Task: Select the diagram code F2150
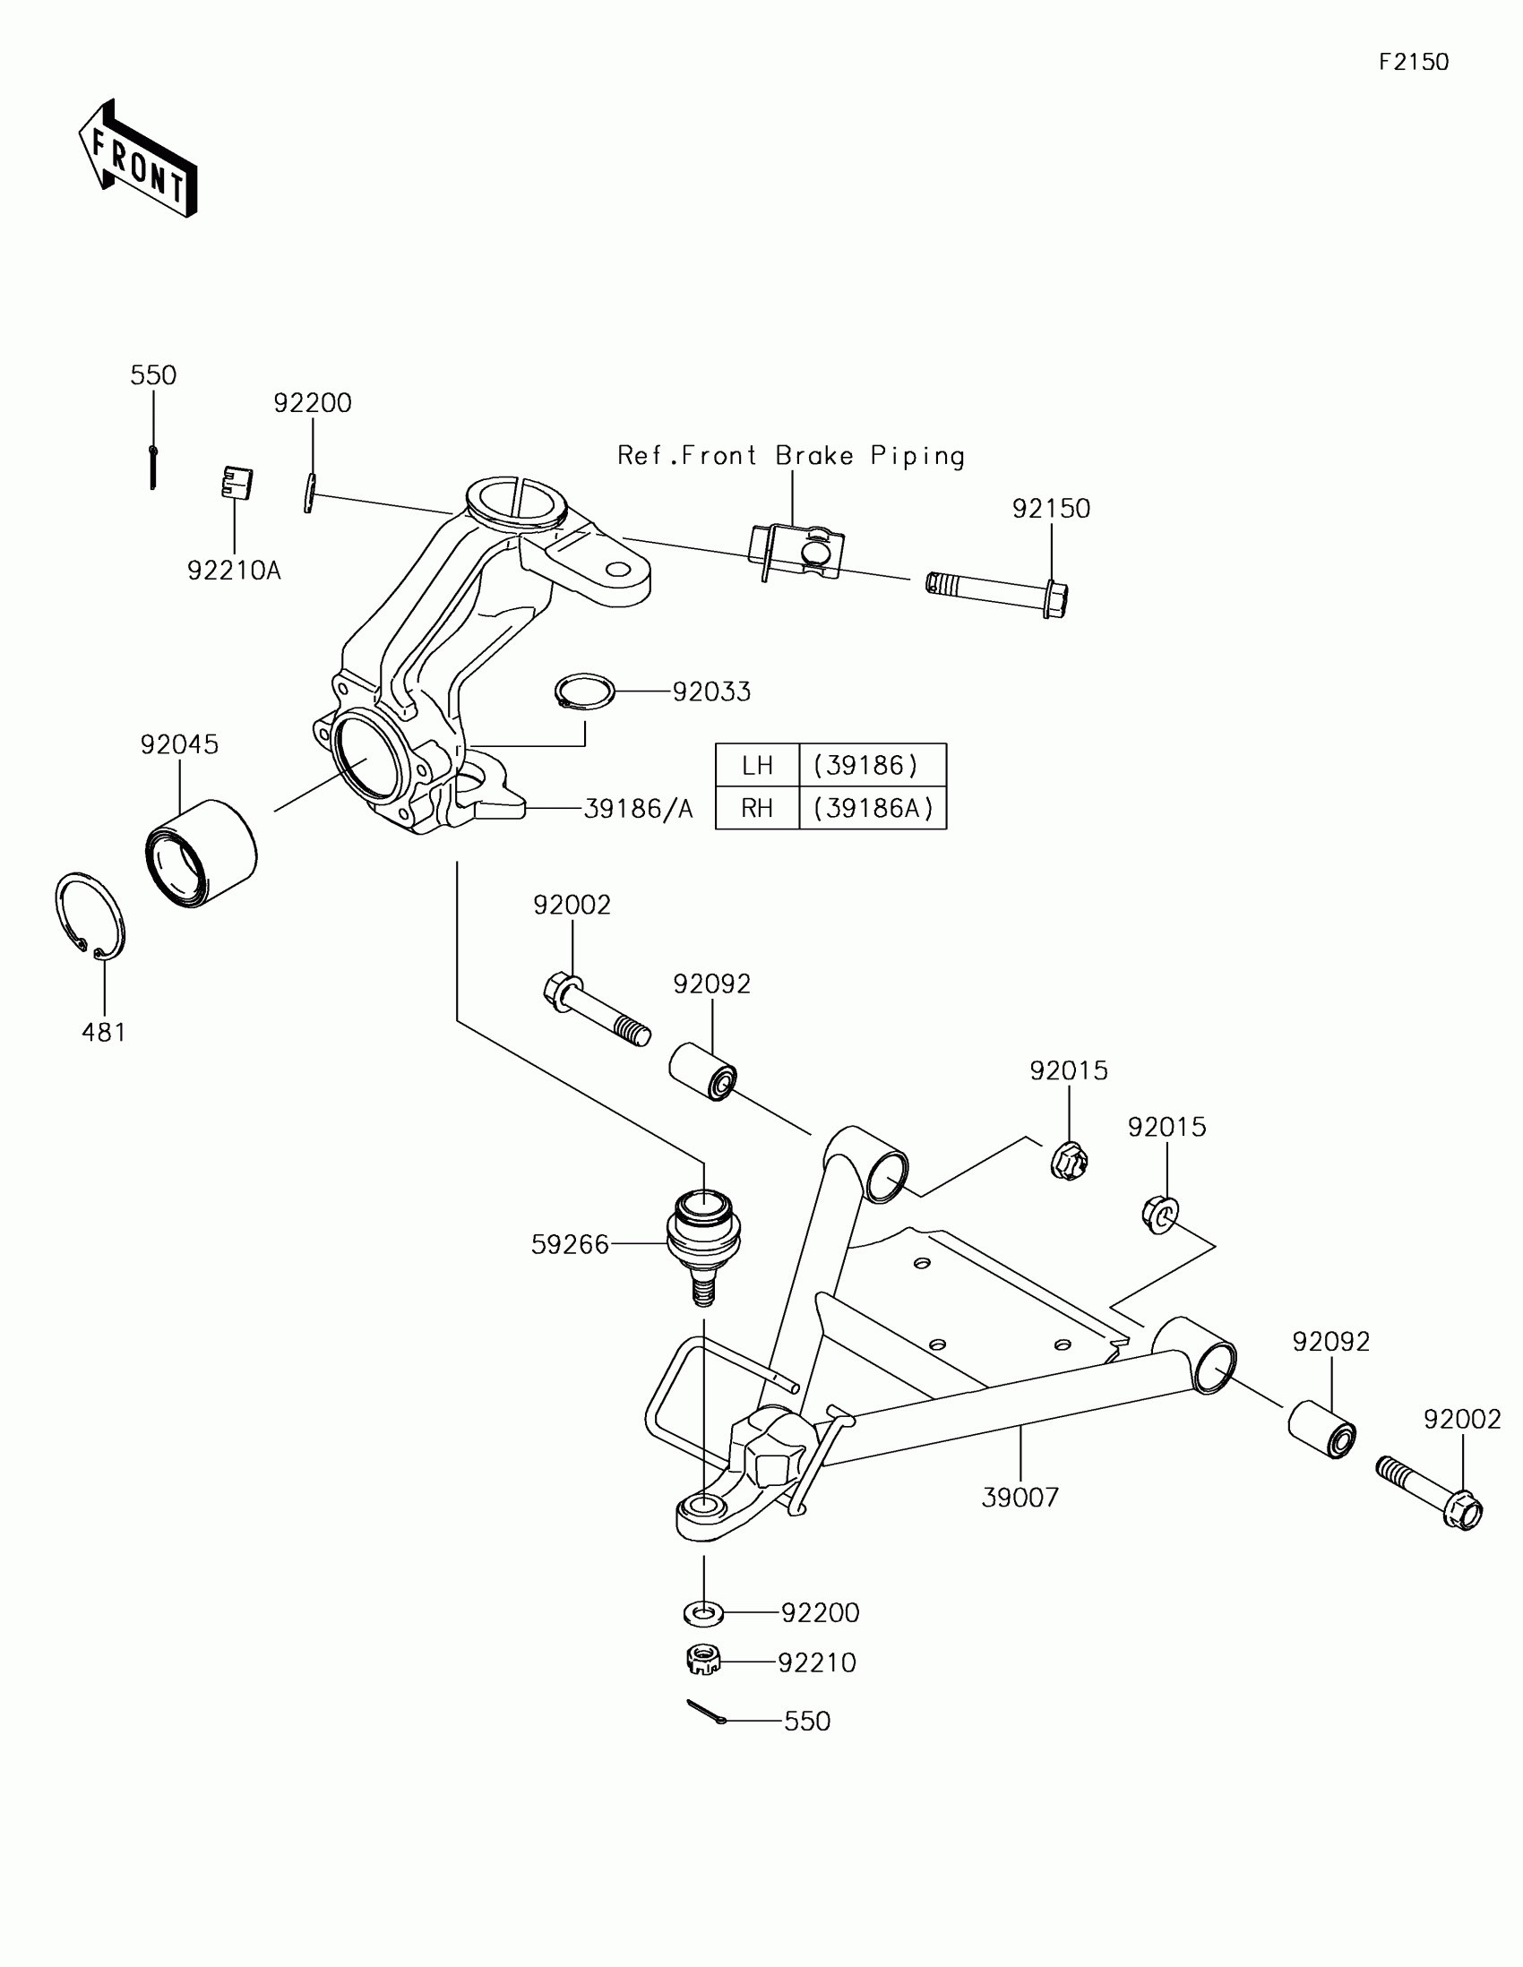pyautogui.click(x=1413, y=62)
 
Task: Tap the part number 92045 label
pyautogui.click(x=179, y=744)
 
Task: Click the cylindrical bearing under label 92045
pyautogui.click(x=201, y=852)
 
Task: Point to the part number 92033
pyautogui.click(x=711, y=691)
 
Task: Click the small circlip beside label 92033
pyautogui.click(x=584, y=691)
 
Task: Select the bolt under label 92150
pyautogui.click(x=997, y=591)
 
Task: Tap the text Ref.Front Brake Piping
pyautogui.click(x=791, y=456)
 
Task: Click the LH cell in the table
pyautogui.click(x=757, y=766)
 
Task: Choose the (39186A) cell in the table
pyautogui.click(x=873, y=808)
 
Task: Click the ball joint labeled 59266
pyautogui.click(x=703, y=1239)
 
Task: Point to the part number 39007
pyautogui.click(x=1020, y=1498)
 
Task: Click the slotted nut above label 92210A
pyautogui.click(x=237, y=483)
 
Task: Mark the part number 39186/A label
pyautogui.click(x=639, y=809)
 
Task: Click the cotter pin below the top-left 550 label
pyautogui.click(x=153, y=467)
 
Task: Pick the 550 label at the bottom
pyautogui.click(x=807, y=1722)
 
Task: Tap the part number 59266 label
pyautogui.click(x=570, y=1245)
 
